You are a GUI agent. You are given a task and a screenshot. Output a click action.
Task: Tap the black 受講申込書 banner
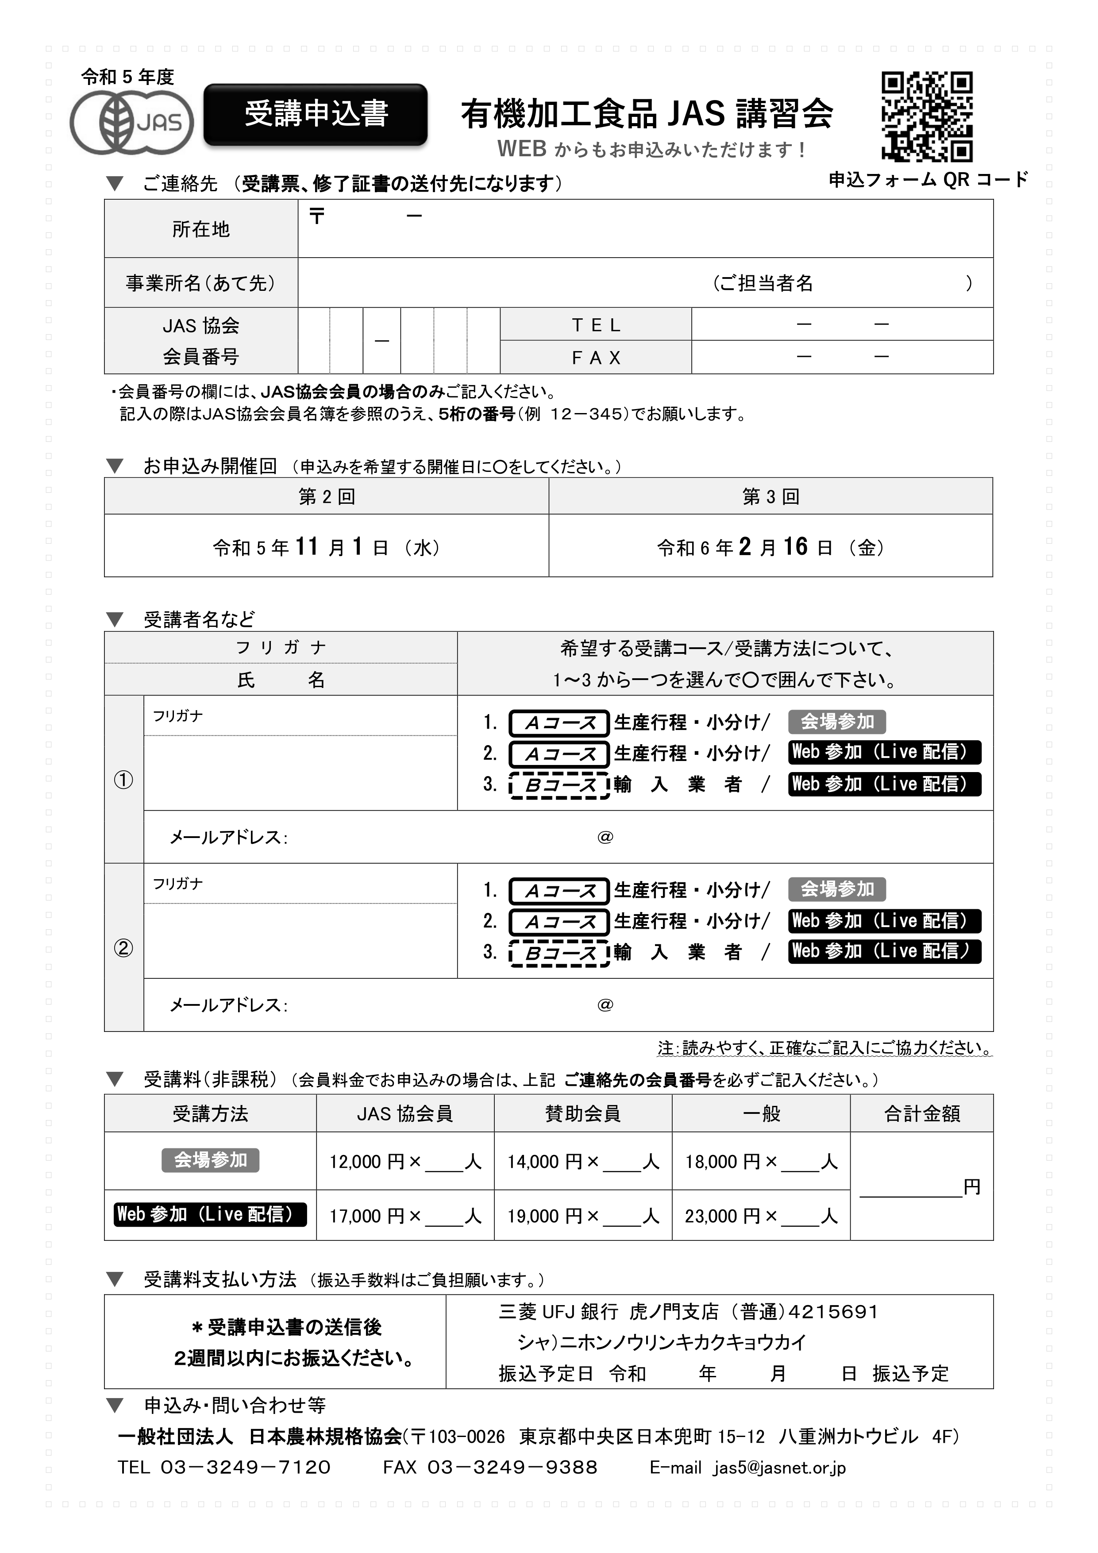pyautogui.click(x=315, y=114)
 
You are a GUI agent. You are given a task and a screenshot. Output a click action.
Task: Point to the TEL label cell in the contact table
pyautogui.click(x=596, y=325)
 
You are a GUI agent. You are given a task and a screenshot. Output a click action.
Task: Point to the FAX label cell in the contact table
pyautogui.click(x=596, y=357)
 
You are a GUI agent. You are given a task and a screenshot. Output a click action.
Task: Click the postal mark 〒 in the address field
pyautogui.click(x=317, y=216)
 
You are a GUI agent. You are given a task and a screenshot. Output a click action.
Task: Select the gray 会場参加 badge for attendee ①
pyautogui.click(x=837, y=722)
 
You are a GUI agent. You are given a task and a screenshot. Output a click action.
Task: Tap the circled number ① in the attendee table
pyautogui.click(x=123, y=780)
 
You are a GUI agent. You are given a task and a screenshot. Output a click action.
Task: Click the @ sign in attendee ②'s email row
pyautogui.click(x=605, y=1004)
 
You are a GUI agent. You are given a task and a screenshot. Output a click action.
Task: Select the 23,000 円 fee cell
pyautogui.click(x=761, y=1216)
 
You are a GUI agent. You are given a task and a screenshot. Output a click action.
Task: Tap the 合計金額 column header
pyautogui.click(x=921, y=1113)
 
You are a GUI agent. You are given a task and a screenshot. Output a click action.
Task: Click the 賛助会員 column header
pyautogui.click(x=583, y=1113)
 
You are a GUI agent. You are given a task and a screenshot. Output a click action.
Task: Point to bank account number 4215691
pyautogui.click(x=833, y=1312)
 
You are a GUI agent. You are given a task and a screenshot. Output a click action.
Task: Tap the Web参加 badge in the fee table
pyautogui.click(x=210, y=1214)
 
